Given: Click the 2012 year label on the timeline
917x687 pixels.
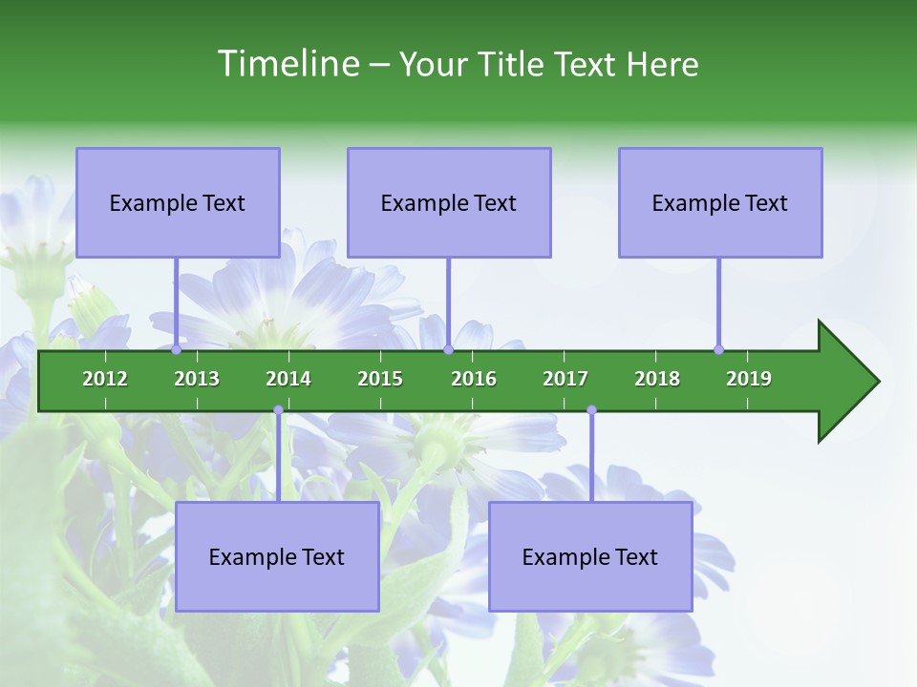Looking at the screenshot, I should (x=105, y=379).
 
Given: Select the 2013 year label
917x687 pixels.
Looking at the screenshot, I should (x=197, y=379).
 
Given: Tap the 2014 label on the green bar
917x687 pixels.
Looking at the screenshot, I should (x=288, y=379).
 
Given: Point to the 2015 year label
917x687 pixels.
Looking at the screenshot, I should (x=380, y=379).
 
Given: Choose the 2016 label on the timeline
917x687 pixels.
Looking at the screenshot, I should (x=474, y=379).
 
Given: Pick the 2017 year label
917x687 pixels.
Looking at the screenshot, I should (x=565, y=379).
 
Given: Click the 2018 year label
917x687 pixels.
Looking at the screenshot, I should (x=657, y=379).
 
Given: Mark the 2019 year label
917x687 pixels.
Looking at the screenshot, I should (x=749, y=379).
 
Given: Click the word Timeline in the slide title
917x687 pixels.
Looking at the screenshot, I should (x=288, y=64).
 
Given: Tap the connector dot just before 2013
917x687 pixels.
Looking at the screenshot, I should (x=177, y=349).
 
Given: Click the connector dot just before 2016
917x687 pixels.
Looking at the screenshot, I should (x=448, y=349).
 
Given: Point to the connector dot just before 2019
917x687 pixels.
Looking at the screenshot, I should (x=719, y=349).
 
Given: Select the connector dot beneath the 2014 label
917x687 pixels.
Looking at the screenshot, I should (x=278, y=410).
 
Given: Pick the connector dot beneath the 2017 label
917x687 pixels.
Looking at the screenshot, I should (x=591, y=410).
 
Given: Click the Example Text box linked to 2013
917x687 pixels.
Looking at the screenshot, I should (x=178, y=202).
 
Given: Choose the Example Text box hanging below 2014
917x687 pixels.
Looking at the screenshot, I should (x=277, y=556).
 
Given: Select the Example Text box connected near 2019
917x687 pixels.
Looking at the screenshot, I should (x=720, y=202).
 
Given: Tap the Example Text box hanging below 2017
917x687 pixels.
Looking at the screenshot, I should (x=590, y=556).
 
